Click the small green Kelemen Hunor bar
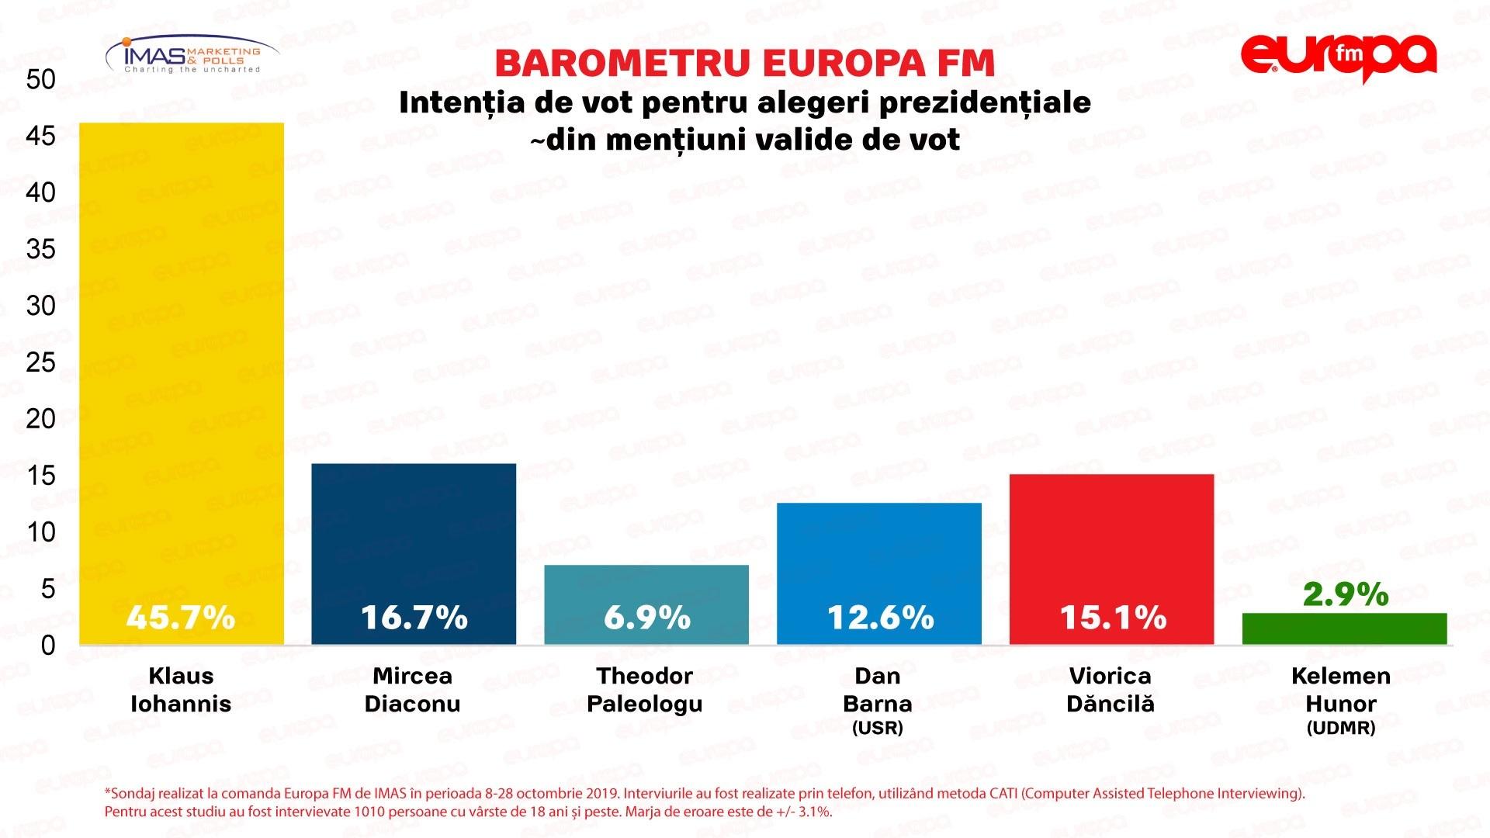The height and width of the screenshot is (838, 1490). (1344, 629)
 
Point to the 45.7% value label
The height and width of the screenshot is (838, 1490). (181, 618)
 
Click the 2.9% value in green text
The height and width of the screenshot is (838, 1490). (1345, 594)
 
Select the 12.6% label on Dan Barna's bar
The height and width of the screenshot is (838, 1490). (880, 618)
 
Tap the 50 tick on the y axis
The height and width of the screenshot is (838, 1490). (40, 79)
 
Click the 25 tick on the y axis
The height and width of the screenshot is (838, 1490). (40, 362)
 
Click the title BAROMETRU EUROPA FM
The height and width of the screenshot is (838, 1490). (744, 64)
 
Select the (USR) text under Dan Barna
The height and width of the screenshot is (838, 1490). (878, 729)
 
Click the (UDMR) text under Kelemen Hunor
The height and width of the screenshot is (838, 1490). (1341, 729)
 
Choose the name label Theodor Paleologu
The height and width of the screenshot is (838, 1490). (645, 690)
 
